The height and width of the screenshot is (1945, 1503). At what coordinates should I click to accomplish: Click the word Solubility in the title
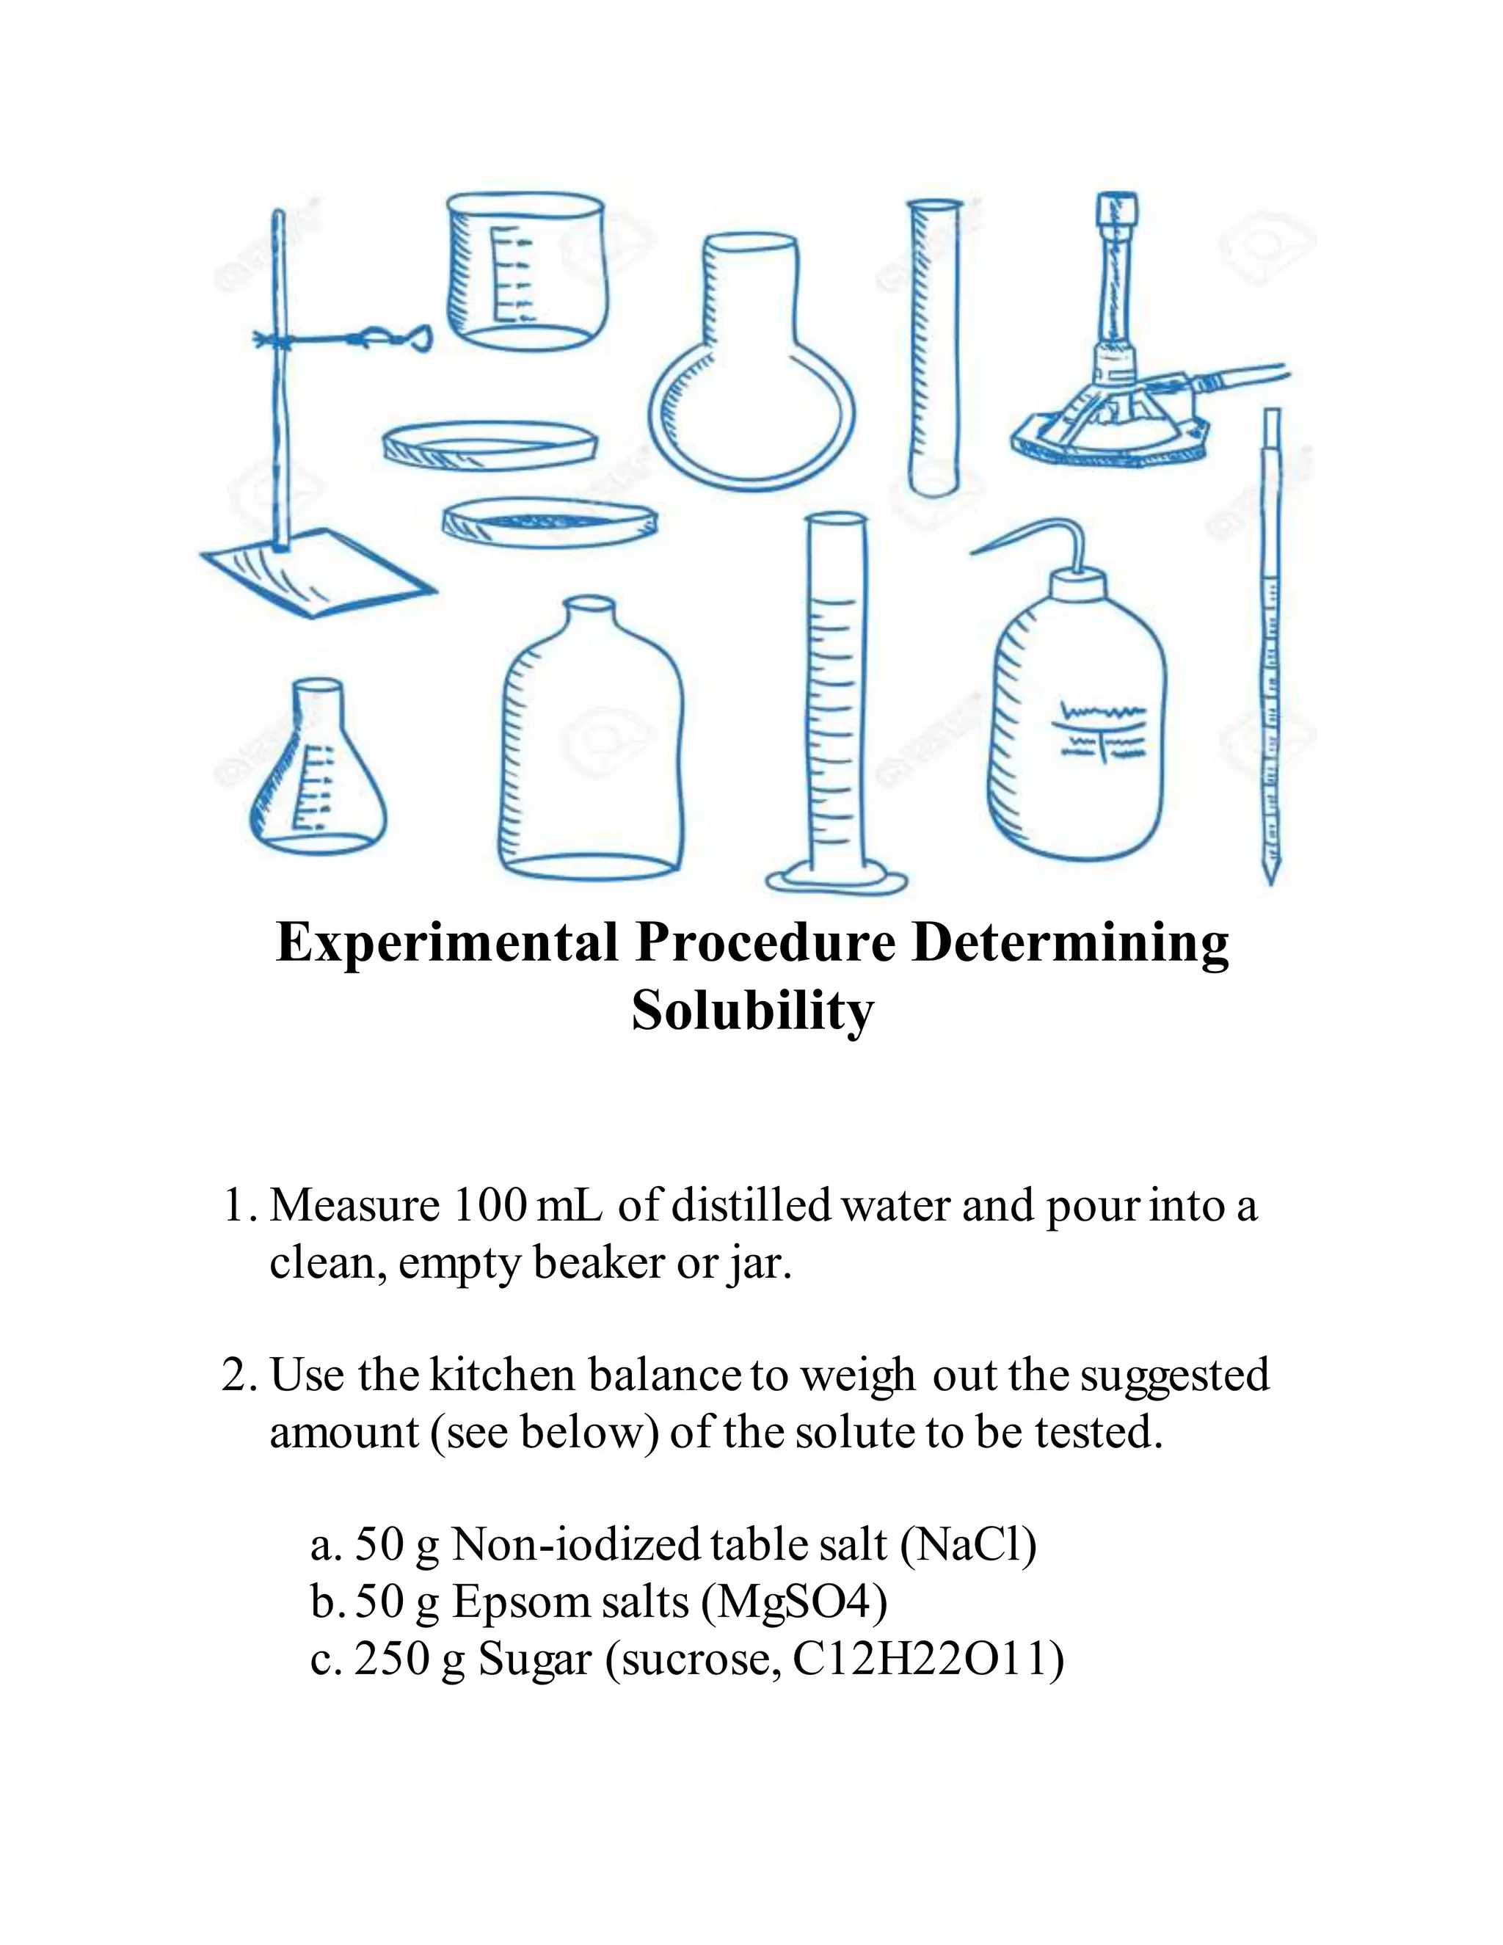[x=752, y=1011]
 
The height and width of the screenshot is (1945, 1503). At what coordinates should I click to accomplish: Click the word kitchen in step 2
[x=503, y=1374]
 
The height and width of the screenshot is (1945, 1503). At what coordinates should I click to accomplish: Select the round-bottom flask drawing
[x=751, y=374]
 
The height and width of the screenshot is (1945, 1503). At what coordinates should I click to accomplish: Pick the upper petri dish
[x=489, y=443]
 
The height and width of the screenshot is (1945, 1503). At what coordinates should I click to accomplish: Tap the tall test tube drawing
[x=934, y=347]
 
